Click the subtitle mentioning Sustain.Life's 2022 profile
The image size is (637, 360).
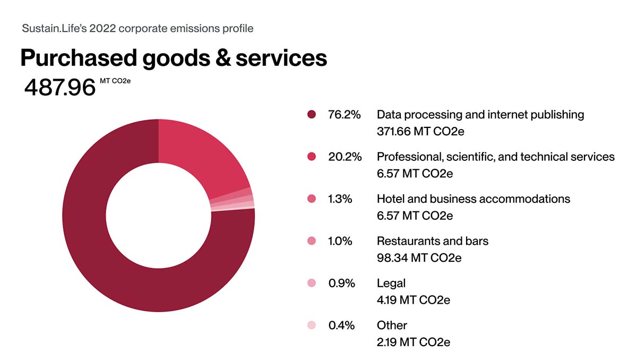pyautogui.click(x=137, y=28)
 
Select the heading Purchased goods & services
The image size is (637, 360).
pyautogui.click(x=174, y=58)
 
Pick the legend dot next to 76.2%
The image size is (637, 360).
pyautogui.click(x=312, y=115)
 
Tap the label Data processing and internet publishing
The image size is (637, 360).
pyautogui.click(x=480, y=115)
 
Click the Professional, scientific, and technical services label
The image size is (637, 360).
pyautogui.click(x=495, y=157)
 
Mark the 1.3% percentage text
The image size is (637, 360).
pyautogui.click(x=340, y=199)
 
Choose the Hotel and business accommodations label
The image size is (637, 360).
pyautogui.click(x=473, y=199)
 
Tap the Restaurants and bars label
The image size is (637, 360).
pyautogui.click(x=432, y=241)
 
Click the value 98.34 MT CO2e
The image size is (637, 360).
pyautogui.click(x=419, y=258)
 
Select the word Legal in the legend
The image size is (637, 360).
pyautogui.click(x=391, y=283)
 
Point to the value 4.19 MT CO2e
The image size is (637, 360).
pyautogui.click(x=413, y=300)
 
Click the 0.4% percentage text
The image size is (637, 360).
pyautogui.click(x=341, y=325)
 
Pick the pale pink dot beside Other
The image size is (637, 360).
pyautogui.click(x=312, y=325)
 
